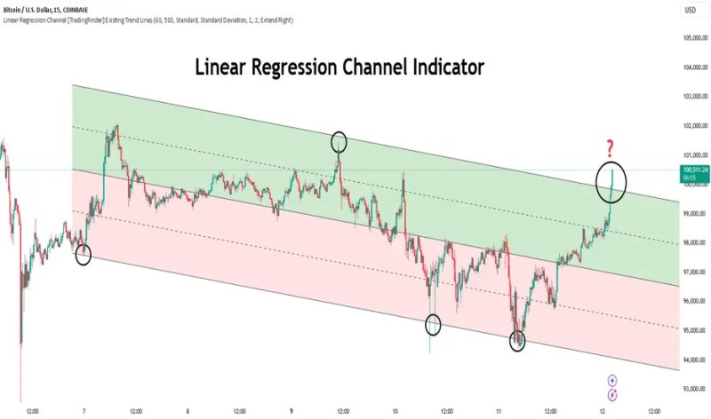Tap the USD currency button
[x=690, y=10]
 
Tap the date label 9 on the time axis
[x=292, y=412]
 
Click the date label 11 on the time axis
[x=499, y=412]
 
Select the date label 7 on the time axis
[x=84, y=412]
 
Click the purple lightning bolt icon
[x=613, y=393]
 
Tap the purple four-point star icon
[x=613, y=380]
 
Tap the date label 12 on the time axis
[x=603, y=412]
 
